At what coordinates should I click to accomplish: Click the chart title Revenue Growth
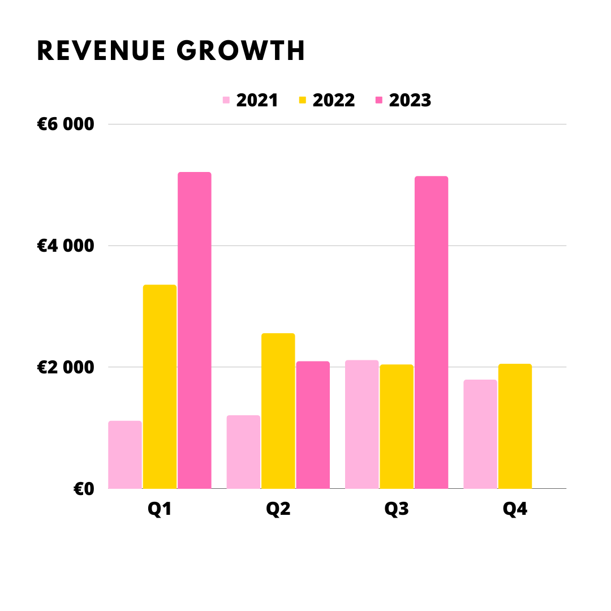[x=171, y=51]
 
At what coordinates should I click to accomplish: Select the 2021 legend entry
[x=250, y=100]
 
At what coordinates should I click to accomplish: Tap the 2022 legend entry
[x=326, y=100]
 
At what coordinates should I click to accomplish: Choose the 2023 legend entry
[x=403, y=100]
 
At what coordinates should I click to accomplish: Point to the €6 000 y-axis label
[x=66, y=124]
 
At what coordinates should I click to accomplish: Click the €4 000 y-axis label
[x=66, y=246]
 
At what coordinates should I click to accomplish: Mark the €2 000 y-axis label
[x=66, y=367]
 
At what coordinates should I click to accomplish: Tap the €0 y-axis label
[x=84, y=489]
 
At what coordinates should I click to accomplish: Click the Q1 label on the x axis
[x=160, y=509]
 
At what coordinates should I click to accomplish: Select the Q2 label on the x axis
[x=278, y=509]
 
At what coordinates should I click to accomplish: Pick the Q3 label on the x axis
[x=397, y=509]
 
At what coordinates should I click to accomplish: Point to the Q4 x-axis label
[x=515, y=509]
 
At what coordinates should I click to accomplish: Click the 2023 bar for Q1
[x=194, y=330]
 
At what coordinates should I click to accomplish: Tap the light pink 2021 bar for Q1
[x=124, y=455]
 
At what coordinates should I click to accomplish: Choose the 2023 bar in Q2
[x=313, y=425]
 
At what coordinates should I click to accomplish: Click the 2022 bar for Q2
[x=278, y=411]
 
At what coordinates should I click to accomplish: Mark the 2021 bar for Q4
[x=480, y=434]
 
